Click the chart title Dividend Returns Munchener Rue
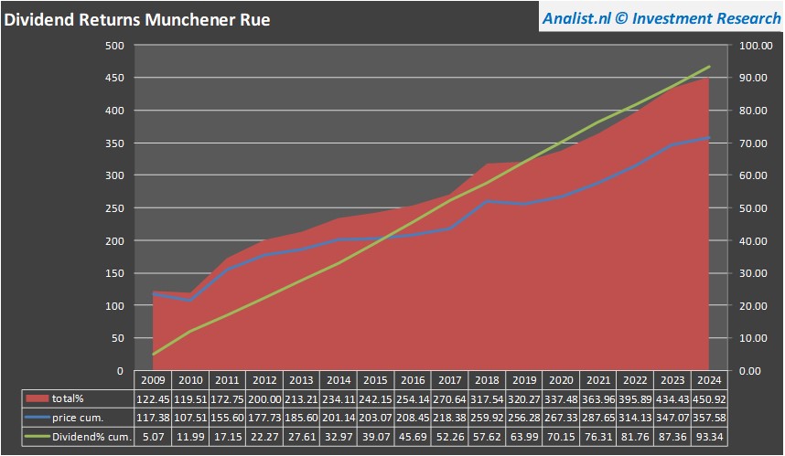(x=137, y=18)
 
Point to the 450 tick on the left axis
(x=114, y=78)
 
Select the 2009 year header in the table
(x=153, y=379)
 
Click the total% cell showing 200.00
(x=264, y=398)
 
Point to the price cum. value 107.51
(x=190, y=418)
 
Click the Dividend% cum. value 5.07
(x=153, y=437)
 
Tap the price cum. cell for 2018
(x=487, y=418)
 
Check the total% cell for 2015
(x=375, y=398)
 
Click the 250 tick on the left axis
(x=114, y=208)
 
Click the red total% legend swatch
(x=38, y=398)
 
